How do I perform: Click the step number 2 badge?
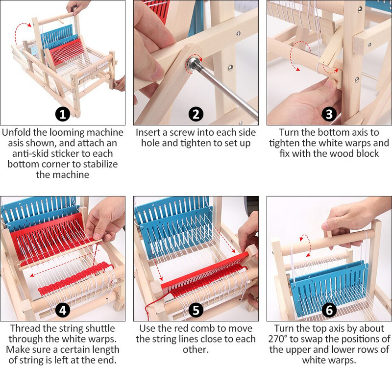click(196, 115)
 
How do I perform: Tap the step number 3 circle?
click(329, 115)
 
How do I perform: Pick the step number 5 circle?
click(196, 310)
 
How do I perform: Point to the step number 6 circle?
click(329, 310)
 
